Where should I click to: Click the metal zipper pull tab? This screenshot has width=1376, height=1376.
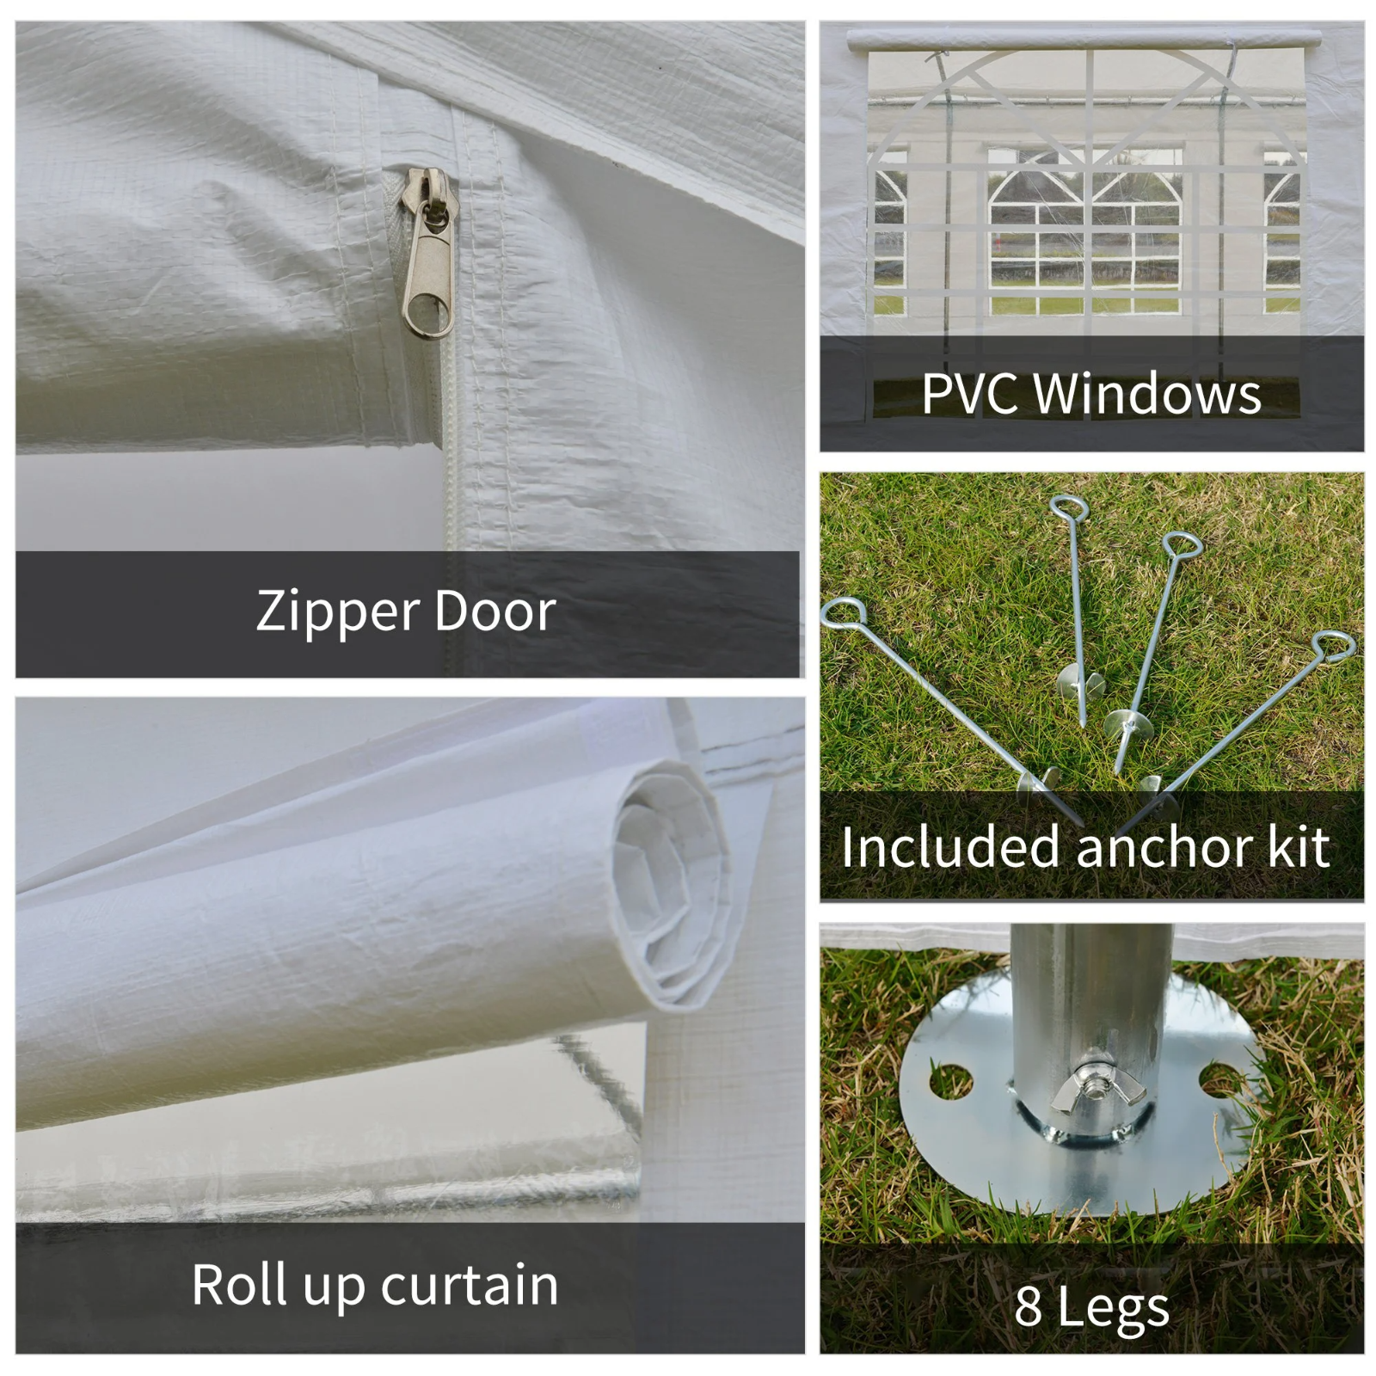coord(427,254)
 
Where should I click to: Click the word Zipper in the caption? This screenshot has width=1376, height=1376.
coord(336,613)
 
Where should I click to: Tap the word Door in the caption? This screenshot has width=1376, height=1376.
coord(495,611)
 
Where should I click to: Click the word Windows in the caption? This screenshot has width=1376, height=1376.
coord(1147,394)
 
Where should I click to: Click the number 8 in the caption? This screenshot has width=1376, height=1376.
coord(1028,1306)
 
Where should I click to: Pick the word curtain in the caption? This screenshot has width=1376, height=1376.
coord(470,1285)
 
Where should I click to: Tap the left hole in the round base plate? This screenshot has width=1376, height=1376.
coord(950,1080)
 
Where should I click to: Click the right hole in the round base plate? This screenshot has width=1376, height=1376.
coord(1221,1079)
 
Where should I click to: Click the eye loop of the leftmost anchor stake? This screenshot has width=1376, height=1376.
coord(843,613)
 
